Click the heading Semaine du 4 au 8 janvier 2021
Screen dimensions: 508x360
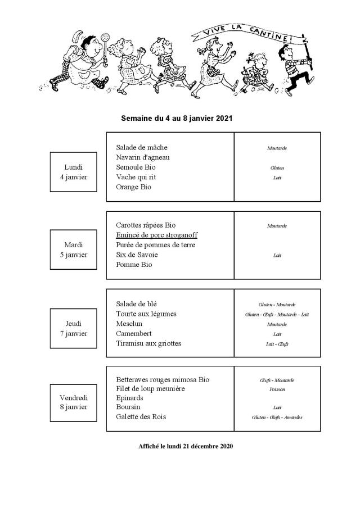point(177,119)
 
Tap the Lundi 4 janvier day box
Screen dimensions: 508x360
point(74,171)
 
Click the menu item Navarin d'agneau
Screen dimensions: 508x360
point(142,157)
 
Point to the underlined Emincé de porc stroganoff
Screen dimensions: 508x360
point(156,235)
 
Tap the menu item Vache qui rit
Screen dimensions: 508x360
point(136,177)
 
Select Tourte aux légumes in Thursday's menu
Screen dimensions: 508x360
point(146,314)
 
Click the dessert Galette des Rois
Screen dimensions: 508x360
point(141,416)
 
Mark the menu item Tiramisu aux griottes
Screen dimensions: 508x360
point(148,343)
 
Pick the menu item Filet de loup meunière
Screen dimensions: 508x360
point(150,388)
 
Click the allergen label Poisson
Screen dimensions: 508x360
point(277,389)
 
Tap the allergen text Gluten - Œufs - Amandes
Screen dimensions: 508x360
point(277,418)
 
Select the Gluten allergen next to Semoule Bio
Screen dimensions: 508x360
point(277,168)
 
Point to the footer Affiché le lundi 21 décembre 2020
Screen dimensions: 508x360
point(185,446)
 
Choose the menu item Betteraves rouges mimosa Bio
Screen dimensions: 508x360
point(163,379)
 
